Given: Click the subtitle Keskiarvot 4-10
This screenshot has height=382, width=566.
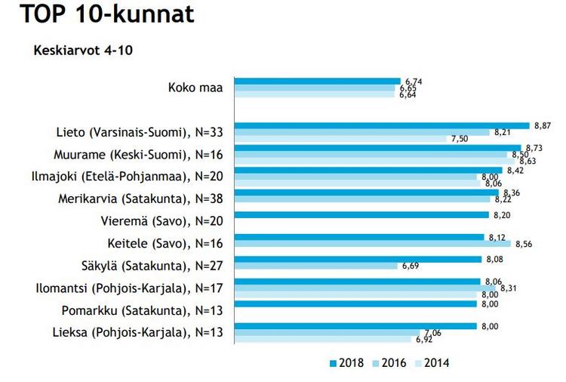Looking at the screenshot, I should (x=84, y=51).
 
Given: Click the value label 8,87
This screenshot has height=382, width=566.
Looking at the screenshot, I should (x=542, y=124).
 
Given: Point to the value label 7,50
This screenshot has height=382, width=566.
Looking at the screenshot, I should (x=460, y=139).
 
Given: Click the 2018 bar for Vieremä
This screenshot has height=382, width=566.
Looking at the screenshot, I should (x=361, y=214).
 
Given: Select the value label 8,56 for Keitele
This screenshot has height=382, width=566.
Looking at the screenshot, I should (x=524, y=244).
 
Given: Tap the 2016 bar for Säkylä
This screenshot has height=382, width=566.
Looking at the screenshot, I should (x=316, y=266).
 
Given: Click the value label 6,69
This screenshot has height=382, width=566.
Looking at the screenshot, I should (x=412, y=266).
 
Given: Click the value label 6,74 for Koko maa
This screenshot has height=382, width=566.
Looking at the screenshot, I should (x=413, y=80).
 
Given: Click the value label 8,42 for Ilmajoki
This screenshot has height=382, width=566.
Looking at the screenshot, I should (x=515, y=171).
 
